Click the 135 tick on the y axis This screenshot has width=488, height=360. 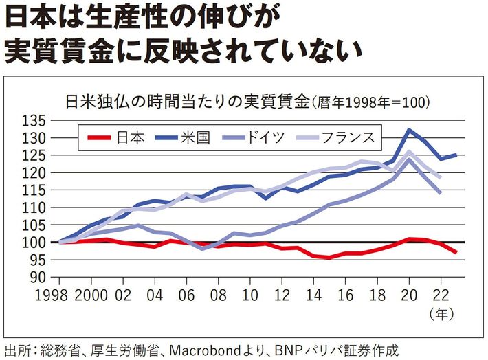tap(34, 121)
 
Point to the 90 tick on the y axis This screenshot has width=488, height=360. tap(38, 277)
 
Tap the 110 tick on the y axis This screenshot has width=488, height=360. tap(34, 207)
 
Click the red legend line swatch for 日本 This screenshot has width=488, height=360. tap(100, 137)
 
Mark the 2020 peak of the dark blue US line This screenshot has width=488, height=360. tap(410, 129)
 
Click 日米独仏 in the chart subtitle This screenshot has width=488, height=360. tap(93, 101)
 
